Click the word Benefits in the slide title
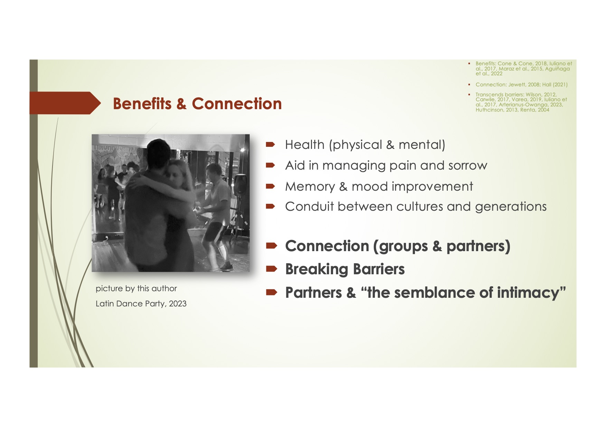(x=142, y=104)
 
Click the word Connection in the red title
(x=237, y=104)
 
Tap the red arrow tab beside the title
(x=65, y=103)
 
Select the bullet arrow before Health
(x=270, y=144)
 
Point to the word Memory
(x=310, y=187)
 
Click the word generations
(x=511, y=207)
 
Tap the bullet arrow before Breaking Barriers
(x=272, y=269)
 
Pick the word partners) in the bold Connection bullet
(x=478, y=246)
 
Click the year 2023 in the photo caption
(x=178, y=304)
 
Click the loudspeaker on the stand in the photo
(x=240, y=184)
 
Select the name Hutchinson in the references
(x=490, y=110)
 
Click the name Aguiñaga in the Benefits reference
(x=557, y=69)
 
